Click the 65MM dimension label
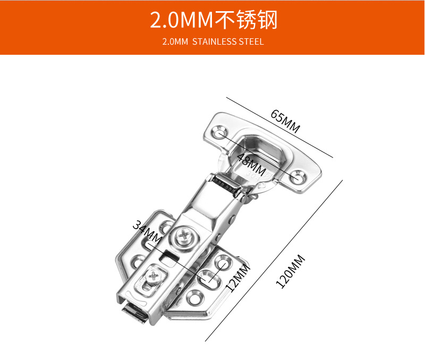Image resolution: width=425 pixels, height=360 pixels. pyautogui.click(x=285, y=121)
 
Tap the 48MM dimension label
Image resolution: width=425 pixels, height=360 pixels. pyautogui.click(x=251, y=164)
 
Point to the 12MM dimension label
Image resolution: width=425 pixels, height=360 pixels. pyautogui.click(x=237, y=277)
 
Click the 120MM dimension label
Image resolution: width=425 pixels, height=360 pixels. pyautogui.click(x=290, y=271)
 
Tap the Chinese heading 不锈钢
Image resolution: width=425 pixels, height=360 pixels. pyautogui.click(x=246, y=20)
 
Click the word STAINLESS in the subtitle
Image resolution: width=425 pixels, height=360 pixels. pyautogui.click(x=215, y=42)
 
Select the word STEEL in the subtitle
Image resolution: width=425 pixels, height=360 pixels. pyautogui.click(x=251, y=42)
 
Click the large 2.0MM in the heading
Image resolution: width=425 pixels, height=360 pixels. pyautogui.click(x=182, y=20)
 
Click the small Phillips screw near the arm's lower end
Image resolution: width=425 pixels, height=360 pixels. pyautogui.click(x=154, y=277)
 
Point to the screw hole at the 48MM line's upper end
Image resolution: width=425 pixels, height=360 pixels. pyautogui.click(x=218, y=132)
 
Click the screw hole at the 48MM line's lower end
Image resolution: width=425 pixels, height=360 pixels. pyautogui.click(x=297, y=177)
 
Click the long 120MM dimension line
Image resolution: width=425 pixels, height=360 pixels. pyautogui.click(x=274, y=261)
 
